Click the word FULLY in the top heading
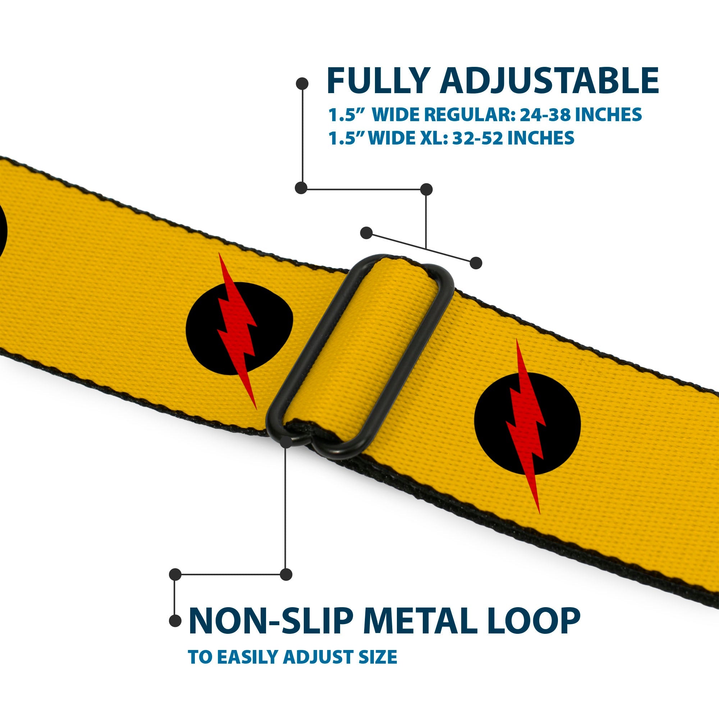point(378,81)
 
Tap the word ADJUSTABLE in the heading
point(549,81)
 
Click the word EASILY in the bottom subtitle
point(247,657)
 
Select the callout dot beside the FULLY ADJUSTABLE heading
point(302,84)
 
